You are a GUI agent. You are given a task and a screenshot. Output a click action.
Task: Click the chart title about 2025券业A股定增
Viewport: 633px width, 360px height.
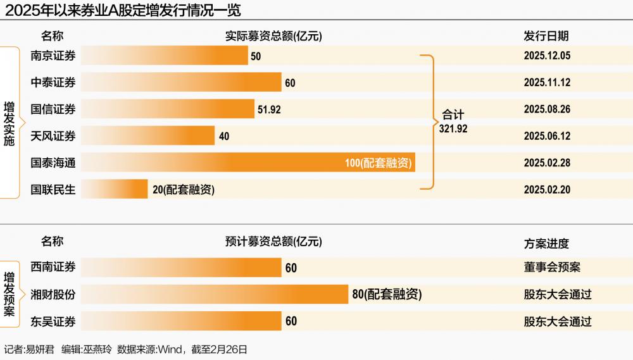pyautogui.click(x=123, y=10)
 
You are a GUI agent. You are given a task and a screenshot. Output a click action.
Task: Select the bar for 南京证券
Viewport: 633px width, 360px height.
pyautogui.click(x=165, y=56)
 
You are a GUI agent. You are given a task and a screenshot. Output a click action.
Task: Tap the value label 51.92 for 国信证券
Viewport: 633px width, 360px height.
pyautogui.click(x=269, y=109)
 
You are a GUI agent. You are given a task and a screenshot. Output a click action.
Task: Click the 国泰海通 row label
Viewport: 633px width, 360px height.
pyautogui.click(x=53, y=163)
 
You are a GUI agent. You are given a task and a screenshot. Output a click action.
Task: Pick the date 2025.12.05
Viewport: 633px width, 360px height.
pyautogui.click(x=547, y=56)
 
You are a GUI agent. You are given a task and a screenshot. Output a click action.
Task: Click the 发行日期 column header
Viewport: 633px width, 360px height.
pyautogui.click(x=546, y=37)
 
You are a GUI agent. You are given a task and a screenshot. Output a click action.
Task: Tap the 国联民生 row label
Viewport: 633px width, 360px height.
pyautogui.click(x=53, y=189)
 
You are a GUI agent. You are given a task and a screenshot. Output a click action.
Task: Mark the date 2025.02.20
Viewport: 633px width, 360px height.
pyautogui.click(x=547, y=189)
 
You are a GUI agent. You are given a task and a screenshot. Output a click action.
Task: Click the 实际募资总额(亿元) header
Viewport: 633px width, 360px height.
pyautogui.click(x=273, y=37)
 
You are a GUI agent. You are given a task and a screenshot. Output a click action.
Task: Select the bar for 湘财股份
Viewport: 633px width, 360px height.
pyautogui.click(x=215, y=294)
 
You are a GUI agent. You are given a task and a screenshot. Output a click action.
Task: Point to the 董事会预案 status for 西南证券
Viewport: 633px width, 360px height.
pyautogui.click(x=552, y=267)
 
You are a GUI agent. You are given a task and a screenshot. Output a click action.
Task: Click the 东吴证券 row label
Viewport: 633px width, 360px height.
pyautogui.click(x=53, y=321)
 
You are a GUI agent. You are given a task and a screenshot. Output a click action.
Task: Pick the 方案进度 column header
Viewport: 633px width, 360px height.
pyautogui.click(x=546, y=243)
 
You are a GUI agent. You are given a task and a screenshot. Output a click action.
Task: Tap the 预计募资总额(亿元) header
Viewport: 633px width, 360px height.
pyautogui.click(x=273, y=242)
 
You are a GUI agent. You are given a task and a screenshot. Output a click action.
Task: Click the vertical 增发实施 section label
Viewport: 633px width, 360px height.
pyautogui.click(x=9, y=124)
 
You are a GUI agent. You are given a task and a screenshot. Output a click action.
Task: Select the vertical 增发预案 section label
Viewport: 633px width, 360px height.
pyautogui.click(x=9, y=294)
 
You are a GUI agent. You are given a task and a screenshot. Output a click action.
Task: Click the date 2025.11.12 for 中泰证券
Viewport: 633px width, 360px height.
pyautogui.click(x=547, y=82)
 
